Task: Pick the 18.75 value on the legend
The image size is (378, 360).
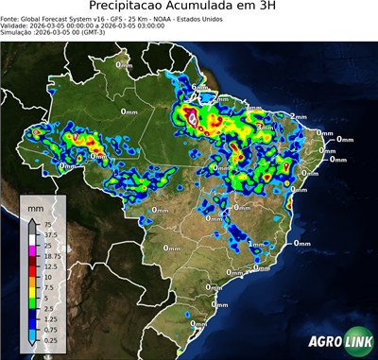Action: pos(51,255)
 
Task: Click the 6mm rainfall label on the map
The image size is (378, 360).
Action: pos(198,88)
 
